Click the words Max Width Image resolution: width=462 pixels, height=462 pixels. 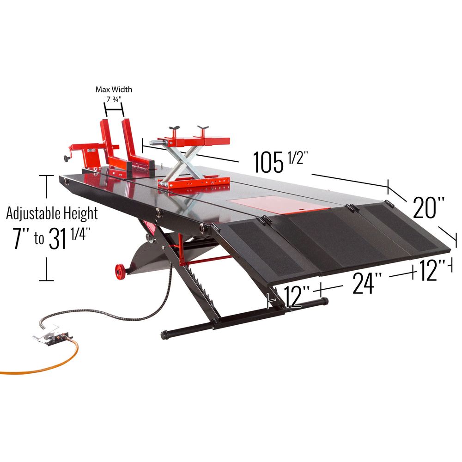click(x=114, y=89)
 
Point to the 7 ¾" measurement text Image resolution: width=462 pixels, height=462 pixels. click(x=114, y=98)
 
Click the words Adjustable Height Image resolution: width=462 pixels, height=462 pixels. click(x=52, y=213)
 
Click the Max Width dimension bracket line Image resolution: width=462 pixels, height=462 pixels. click(x=114, y=110)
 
